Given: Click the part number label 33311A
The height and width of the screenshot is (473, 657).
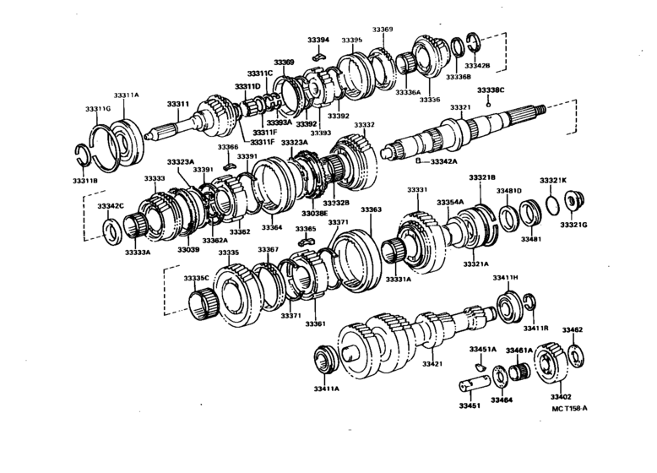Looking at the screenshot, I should [126, 95].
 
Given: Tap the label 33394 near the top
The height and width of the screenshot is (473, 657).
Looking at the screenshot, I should [318, 40].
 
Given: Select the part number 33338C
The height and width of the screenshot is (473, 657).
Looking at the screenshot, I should [490, 90].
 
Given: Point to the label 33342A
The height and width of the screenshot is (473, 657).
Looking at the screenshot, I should [448, 160].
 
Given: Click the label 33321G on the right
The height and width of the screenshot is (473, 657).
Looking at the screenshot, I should [573, 225].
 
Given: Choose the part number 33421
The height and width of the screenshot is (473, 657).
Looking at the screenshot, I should [432, 363].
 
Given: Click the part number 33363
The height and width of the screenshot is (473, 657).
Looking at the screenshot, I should [372, 209].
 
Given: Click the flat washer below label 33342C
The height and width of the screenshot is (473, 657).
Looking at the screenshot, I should [110, 228].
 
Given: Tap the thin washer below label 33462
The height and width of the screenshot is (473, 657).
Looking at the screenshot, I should [578, 353].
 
